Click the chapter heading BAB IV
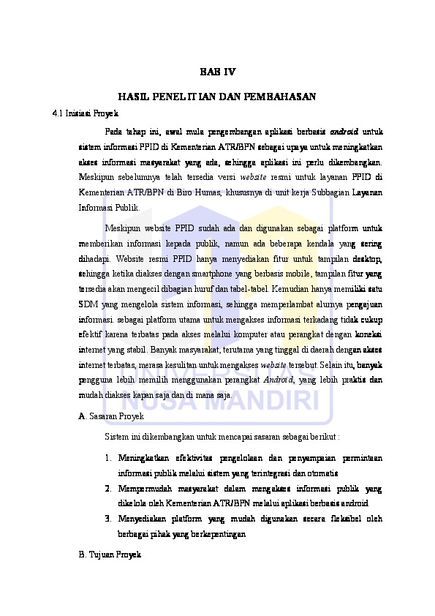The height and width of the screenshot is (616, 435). tap(217, 72)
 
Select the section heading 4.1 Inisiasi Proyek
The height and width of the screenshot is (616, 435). tap(80, 114)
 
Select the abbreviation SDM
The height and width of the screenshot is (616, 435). tap(87, 304)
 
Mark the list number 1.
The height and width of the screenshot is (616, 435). tap(107, 459)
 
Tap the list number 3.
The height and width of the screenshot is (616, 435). tap(107, 519)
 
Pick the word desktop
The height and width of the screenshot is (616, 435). tap(367, 258)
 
